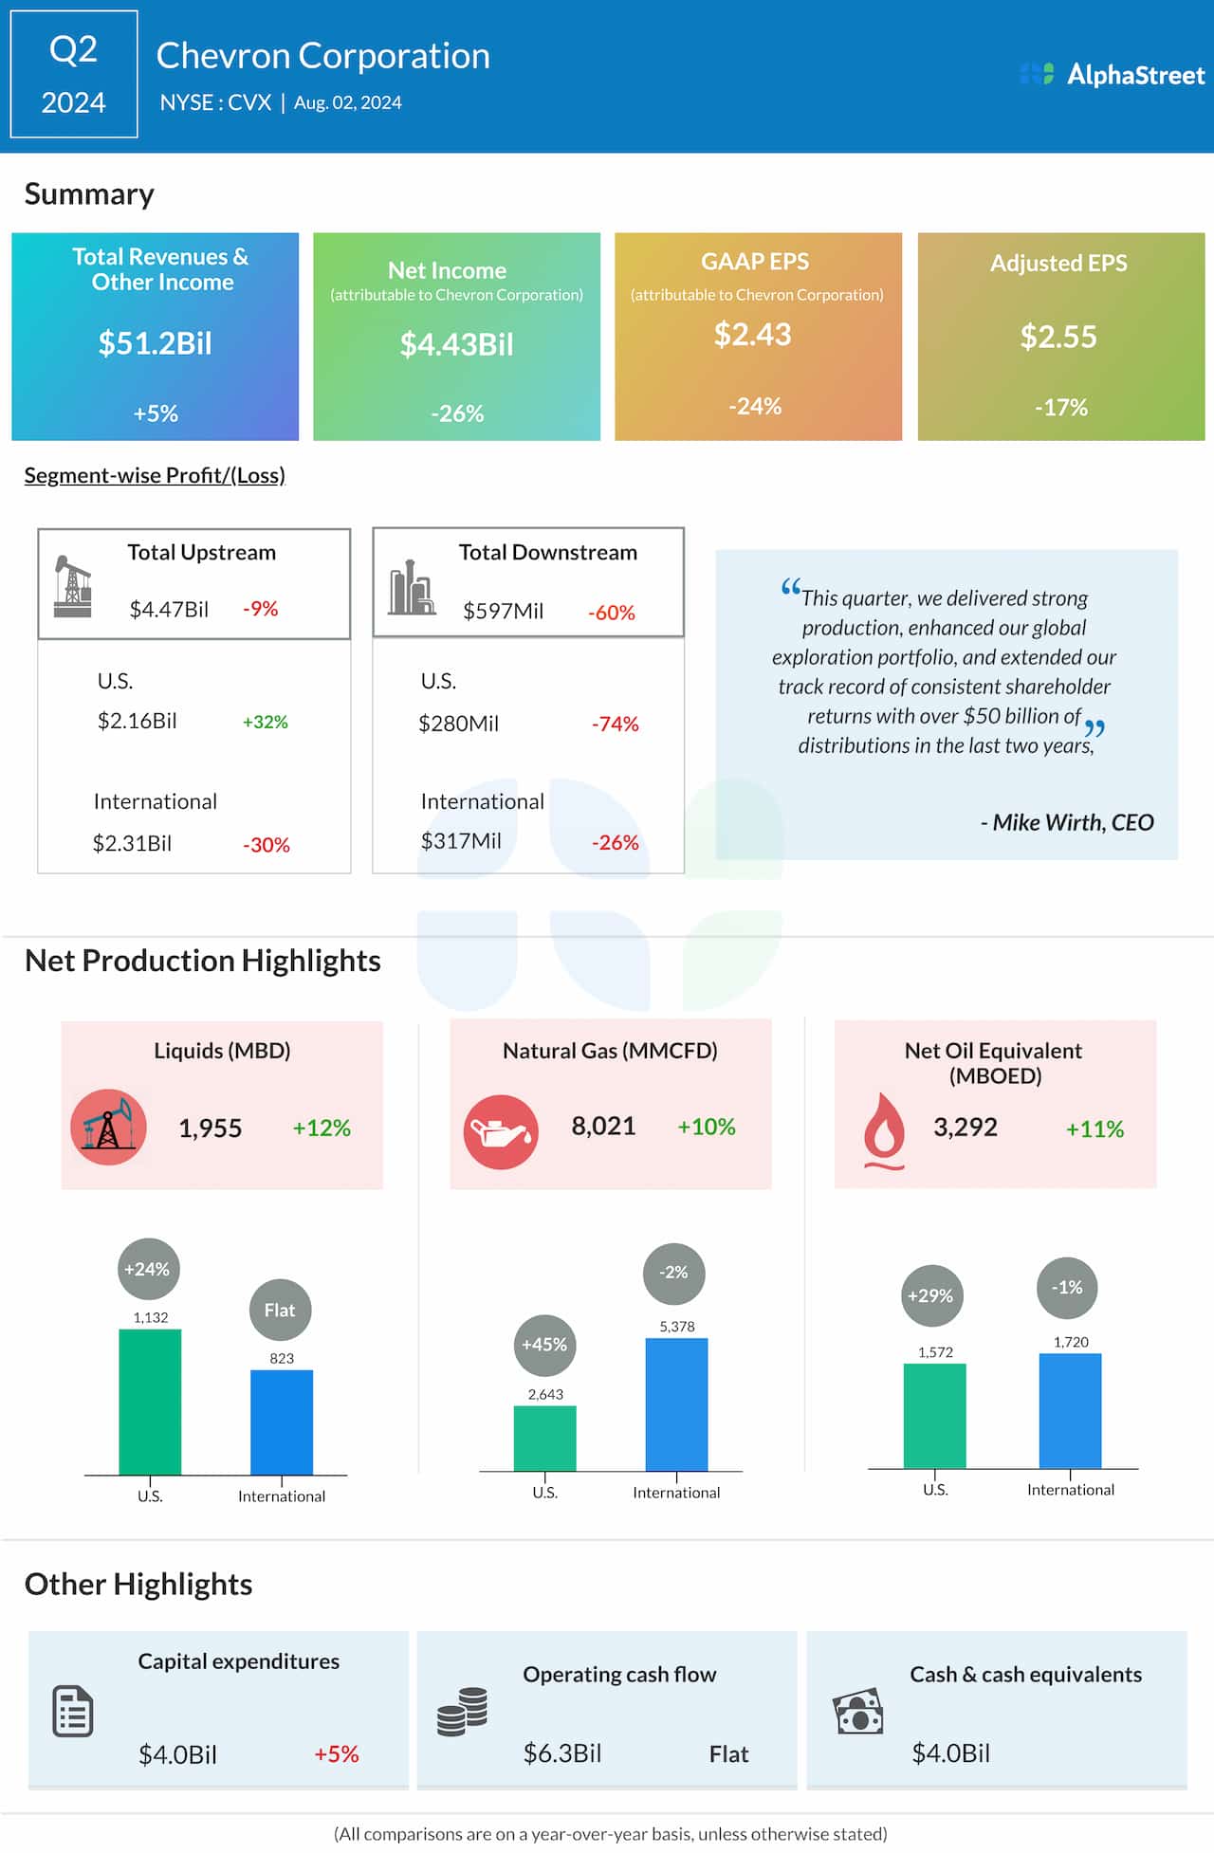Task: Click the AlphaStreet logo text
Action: click(x=1135, y=75)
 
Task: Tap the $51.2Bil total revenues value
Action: click(x=156, y=343)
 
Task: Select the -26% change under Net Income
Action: click(x=457, y=413)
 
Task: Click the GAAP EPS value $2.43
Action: click(x=752, y=335)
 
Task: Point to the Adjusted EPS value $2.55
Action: click(x=1058, y=337)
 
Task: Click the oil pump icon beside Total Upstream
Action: click(x=73, y=586)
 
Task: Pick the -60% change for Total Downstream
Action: click(x=612, y=613)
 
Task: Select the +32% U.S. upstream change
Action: click(x=266, y=722)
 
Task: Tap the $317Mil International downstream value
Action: click(x=461, y=841)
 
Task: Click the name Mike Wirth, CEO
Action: click(x=1067, y=822)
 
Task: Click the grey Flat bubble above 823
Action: click(x=280, y=1310)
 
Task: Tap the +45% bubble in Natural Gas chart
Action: click(x=544, y=1345)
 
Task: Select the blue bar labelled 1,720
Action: click(x=1070, y=1410)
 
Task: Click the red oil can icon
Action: click(x=501, y=1132)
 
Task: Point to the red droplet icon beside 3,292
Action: click(x=884, y=1129)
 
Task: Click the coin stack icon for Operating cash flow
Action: click(x=462, y=1712)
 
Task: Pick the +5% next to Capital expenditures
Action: click(x=337, y=1754)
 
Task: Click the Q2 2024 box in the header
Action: click(x=74, y=75)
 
